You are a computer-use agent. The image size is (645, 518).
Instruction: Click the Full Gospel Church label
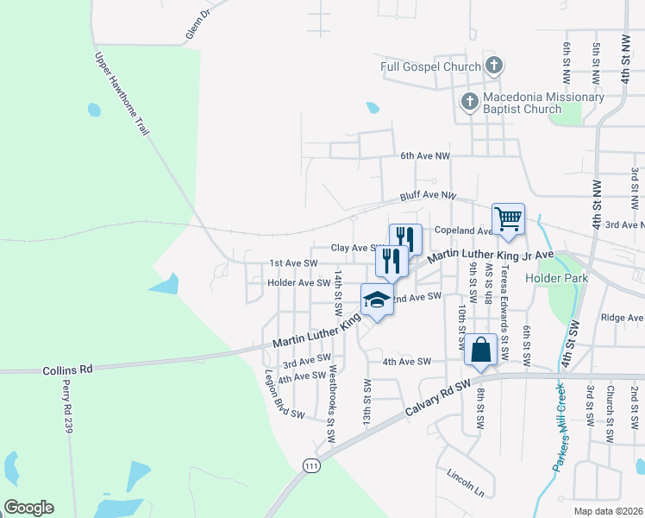pyautogui.click(x=430, y=66)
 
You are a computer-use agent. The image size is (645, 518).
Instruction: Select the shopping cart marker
pyautogui.click(x=508, y=218)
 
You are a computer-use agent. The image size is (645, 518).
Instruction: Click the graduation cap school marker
pyautogui.click(x=376, y=299)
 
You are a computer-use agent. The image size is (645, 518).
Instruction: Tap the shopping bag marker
pyautogui.click(x=480, y=350)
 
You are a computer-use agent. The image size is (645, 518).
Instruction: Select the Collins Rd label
pyautogui.click(x=67, y=370)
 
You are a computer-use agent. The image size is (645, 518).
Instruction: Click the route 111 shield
pyautogui.click(x=311, y=465)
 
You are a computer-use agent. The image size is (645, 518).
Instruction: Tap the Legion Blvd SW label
pyautogui.click(x=285, y=395)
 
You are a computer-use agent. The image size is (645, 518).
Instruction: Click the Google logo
pyautogui.click(x=28, y=508)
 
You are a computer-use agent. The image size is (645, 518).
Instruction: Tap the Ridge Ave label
pyautogui.click(x=621, y=318)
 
